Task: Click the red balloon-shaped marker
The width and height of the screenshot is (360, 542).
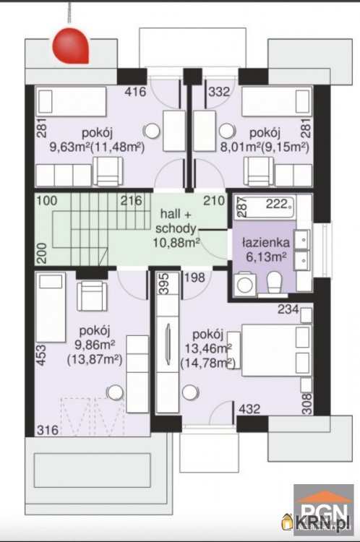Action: tap(71, 47)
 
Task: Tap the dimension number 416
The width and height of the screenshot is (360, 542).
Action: tap(135, 92)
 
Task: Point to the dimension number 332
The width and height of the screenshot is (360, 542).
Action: tap(219, 92)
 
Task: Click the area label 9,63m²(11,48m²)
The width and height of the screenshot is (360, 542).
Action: tap(97, 147)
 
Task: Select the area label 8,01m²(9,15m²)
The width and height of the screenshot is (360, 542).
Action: tap(265, 147)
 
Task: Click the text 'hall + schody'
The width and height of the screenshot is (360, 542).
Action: tap(176, 221)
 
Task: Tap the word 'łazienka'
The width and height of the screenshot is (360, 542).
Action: tap(265, 242)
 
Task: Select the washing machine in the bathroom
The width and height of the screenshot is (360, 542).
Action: tap(245, 284)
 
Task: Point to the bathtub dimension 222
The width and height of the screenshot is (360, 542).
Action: tap(277, 205)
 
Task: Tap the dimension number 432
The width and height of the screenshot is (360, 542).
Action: tap(249, 409)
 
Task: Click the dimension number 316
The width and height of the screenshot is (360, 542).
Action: tap(48, 430)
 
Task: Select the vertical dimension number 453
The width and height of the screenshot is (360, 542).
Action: tap(41, 355)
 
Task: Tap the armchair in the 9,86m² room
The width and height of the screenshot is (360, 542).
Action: tap(92, 296)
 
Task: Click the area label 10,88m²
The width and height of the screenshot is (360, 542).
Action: tap(176, 242)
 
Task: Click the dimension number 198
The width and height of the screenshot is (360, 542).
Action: tap(194, 278)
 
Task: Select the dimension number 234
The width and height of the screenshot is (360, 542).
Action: tap(288, 309)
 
